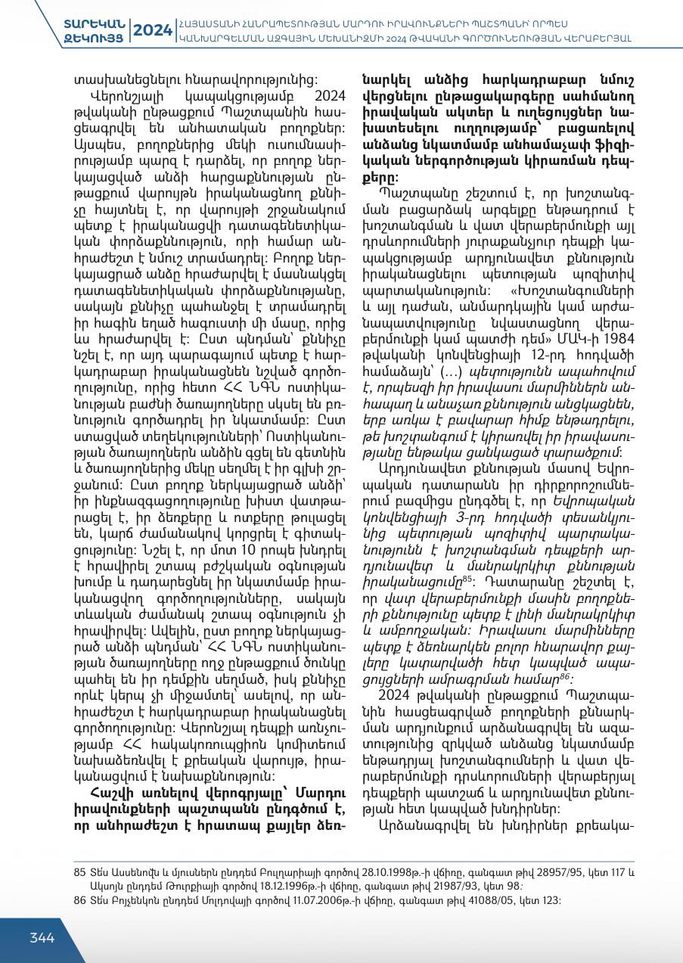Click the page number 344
click(42, 938)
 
